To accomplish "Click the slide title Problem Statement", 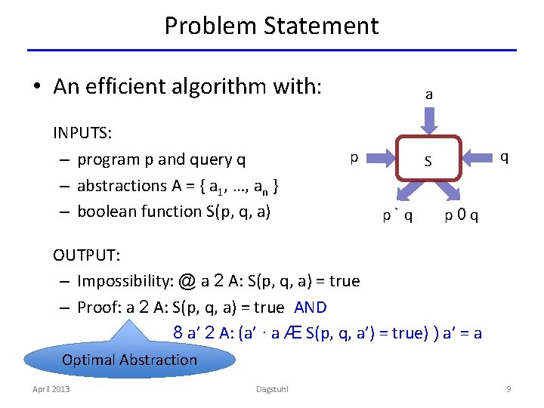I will pyautogui.click(x=271, y=26).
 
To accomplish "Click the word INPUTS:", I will pyautogui.click(x=82, y=134).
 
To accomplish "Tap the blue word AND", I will pyautogui.click(x=310, y=308).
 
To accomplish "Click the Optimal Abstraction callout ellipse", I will pyautogui.click(x=129, y=360).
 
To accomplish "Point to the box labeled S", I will pyautogui.click(x=428, y=160).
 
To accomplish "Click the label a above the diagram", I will pyautogui.click(x=429, y=94).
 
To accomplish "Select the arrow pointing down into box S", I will pyautogui.click(x=429, y=119).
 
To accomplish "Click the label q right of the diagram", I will pyautogui.click(x=504, y=156).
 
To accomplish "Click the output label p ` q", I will pyautogui.click(x=397, y=216).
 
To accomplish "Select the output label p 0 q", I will pyautogui.click(x=461, y=216).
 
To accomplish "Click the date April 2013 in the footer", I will pyautogui.click(x=51, y=389).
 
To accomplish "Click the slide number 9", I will pyautogui.click(x=508, y=389).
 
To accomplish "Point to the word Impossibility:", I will pyautogui.click(x=125, y=282).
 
